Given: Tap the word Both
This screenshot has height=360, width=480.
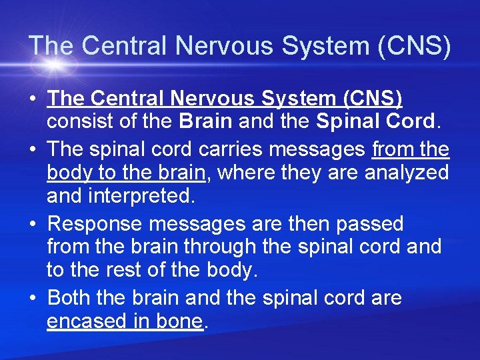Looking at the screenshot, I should click(71, 297).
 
